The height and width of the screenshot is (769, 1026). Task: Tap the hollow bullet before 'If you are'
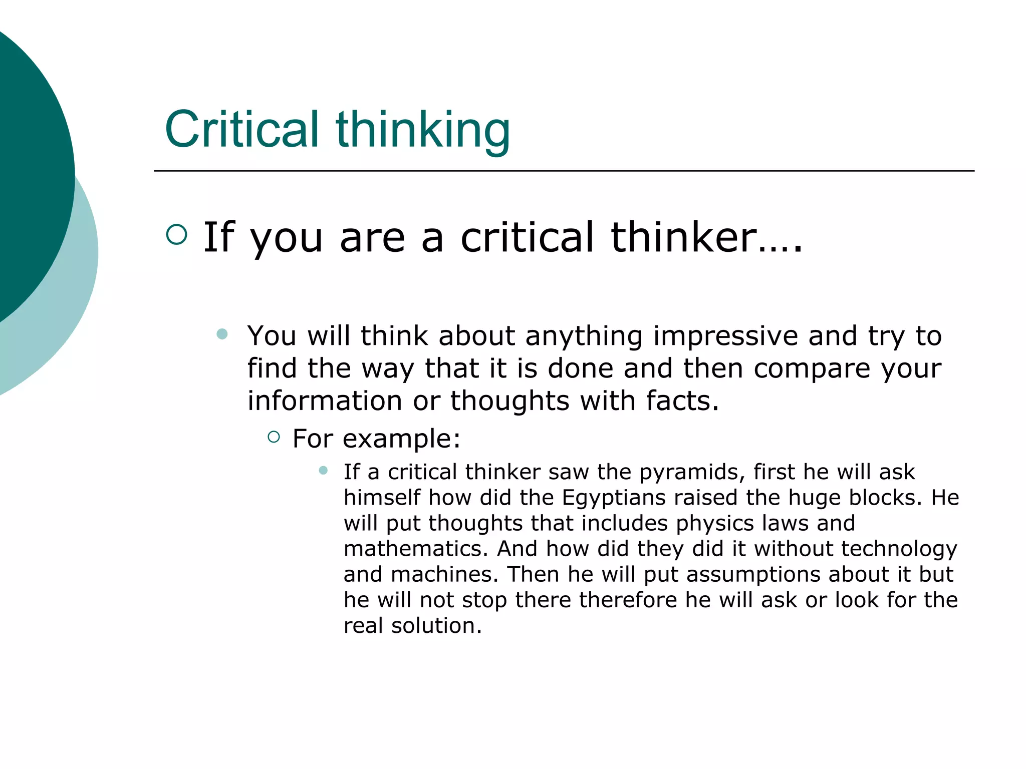[176, 234]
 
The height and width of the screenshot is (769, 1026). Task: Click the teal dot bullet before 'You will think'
[222, 334]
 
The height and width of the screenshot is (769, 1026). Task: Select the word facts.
[682, 401]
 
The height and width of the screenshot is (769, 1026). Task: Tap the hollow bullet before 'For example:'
[274, 437]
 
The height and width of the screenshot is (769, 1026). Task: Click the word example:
[401, 439]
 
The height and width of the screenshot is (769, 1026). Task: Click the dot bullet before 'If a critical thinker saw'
[323, 470]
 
